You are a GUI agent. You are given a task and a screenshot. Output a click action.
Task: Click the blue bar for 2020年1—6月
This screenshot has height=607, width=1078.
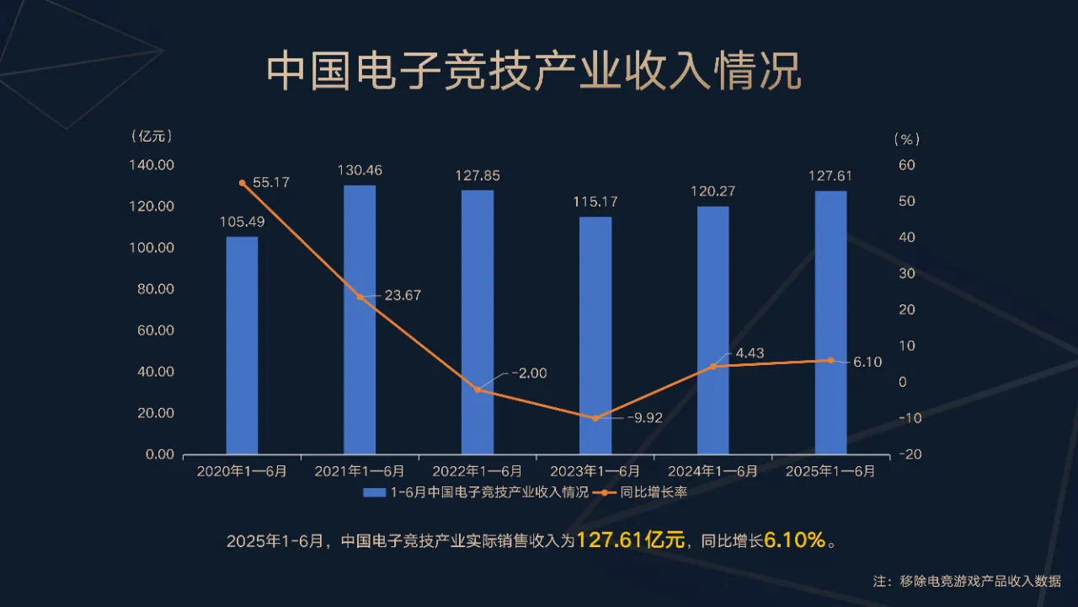(x=242, y=346)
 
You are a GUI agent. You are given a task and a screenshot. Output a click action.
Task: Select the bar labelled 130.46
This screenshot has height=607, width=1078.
(x=360, y=320)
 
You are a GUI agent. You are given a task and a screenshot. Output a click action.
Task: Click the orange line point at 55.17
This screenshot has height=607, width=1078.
(x=242, y=183)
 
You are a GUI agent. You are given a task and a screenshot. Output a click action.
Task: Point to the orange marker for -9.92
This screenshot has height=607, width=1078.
(x=595, y=418)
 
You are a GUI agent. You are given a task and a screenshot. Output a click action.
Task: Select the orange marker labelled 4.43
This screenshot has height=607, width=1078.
(x=712, y=366)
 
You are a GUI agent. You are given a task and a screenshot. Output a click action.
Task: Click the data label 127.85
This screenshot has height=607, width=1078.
(x=478, y=176)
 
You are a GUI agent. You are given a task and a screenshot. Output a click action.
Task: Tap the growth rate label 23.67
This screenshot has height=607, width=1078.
(x=403, y=295)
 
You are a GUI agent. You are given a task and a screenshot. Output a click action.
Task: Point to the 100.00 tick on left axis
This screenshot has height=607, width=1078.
(x=153, y=248)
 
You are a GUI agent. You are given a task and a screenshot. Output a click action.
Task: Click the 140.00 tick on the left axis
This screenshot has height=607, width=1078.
(x=153, y=165)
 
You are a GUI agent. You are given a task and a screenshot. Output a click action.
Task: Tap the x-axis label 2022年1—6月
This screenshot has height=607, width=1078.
(x=478, y=471)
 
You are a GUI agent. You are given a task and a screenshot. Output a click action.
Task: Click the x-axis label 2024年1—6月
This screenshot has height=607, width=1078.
(x=712, y=471)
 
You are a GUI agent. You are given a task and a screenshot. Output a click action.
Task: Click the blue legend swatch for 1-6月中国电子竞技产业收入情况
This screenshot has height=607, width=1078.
(x=374, y=492)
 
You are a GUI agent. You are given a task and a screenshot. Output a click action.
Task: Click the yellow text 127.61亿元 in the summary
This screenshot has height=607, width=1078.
(x=631, y=540)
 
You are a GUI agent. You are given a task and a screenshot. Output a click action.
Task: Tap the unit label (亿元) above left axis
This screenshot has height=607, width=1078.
(x=152, y=136)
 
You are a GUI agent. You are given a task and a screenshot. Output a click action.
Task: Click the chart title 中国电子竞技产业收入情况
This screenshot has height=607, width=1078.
(x=534, y=73)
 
